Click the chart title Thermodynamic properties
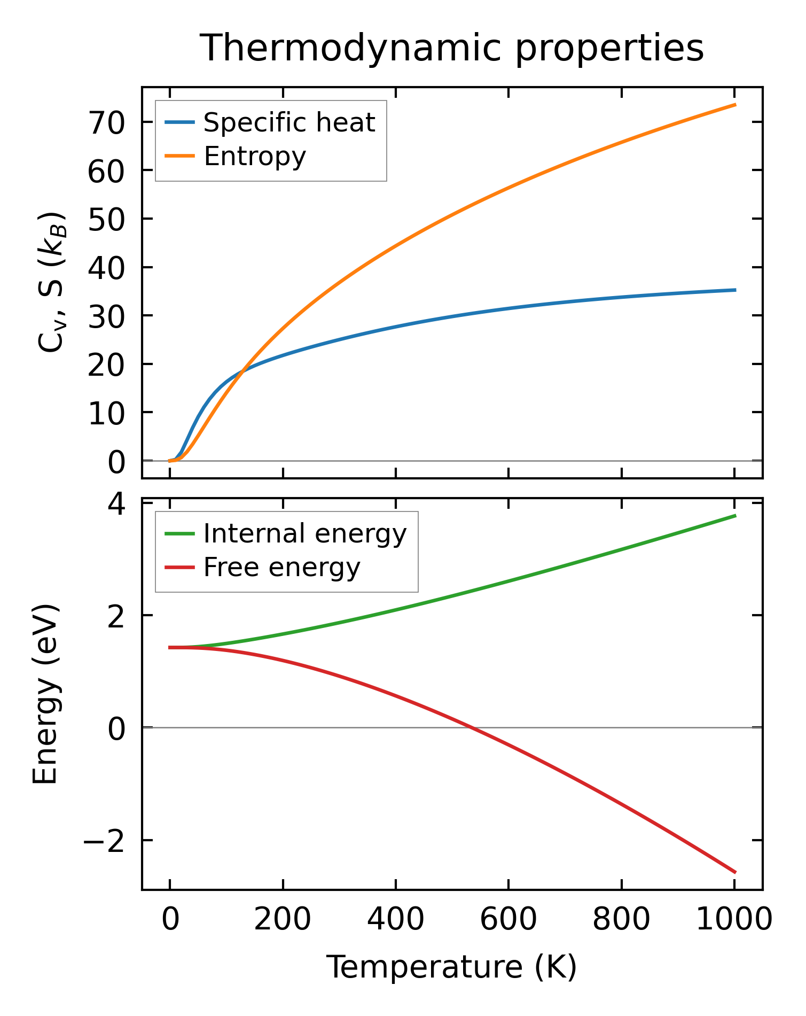451,48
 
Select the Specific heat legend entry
289,122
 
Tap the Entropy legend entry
255,156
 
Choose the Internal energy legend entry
304,533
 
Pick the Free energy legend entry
281,567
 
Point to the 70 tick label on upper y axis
106,122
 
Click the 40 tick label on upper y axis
106,267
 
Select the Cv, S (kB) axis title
52,282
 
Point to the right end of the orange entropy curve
735,105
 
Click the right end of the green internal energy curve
735,516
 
